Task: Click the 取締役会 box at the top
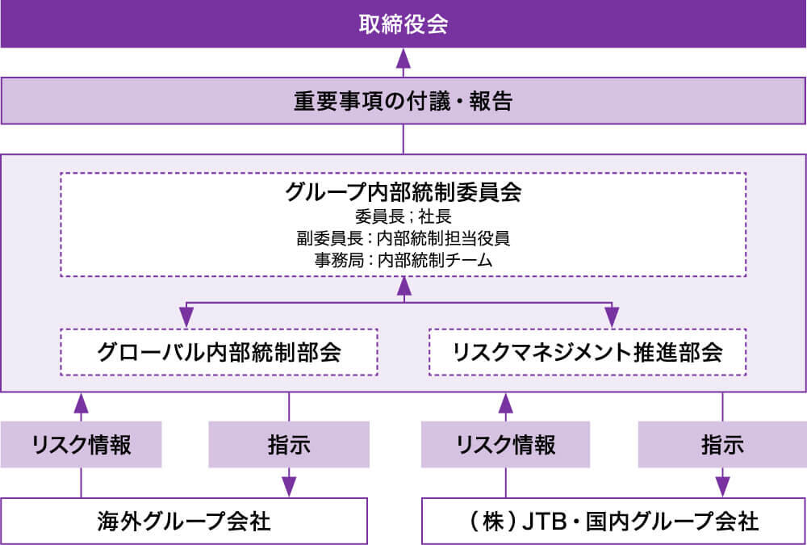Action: click(403, 23)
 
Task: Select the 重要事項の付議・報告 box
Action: click(403, 102)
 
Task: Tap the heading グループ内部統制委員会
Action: click(403, 193)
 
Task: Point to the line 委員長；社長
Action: click(403, 216)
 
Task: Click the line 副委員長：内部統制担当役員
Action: click(403, 238)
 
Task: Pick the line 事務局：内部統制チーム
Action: click(403, 260)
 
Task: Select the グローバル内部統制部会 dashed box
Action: click(219, 352)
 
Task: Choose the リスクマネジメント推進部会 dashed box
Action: click(587, 352)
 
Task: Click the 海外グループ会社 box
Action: click(184, 521)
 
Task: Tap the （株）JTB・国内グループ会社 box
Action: click(614, 521)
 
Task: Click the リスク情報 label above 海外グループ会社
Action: click(81, 445)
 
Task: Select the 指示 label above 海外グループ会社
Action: click(289, 445)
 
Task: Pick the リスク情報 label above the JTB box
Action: click(506, 445)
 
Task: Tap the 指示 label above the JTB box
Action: click(722, 445)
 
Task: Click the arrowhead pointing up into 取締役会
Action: click(403, 58)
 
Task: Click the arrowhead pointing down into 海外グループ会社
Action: click(289, 487)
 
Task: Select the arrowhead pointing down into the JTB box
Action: click(722, 487)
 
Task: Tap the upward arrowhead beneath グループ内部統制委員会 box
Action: click(403, 286)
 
